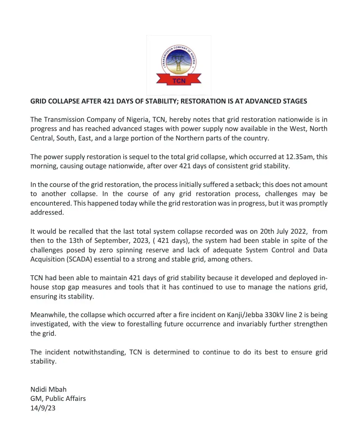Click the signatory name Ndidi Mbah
coord(49,389)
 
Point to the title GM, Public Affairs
coord(58,399)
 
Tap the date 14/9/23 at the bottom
coord(43,408)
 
